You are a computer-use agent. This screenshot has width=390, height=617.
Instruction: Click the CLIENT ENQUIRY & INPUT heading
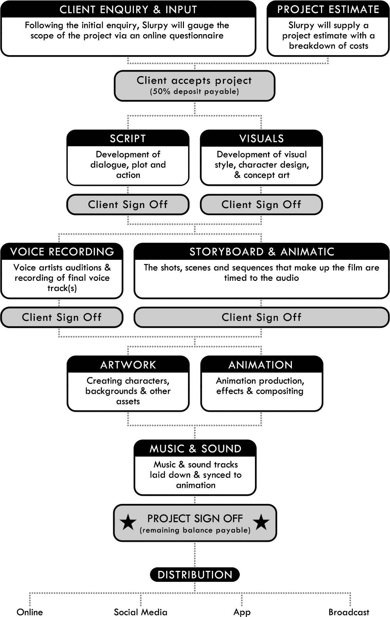coord(128,9)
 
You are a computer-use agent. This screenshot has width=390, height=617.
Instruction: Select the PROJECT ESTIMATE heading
coord(328,9)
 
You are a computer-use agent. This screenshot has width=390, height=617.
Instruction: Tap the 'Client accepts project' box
coord(194,85)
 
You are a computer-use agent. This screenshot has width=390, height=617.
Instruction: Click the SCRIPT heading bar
coord(128,138)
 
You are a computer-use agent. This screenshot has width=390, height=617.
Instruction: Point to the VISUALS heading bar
coord(261,138)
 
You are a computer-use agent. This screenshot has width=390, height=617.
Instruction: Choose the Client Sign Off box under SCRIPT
coord(128,204)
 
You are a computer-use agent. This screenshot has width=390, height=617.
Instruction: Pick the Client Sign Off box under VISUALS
coord(261,204)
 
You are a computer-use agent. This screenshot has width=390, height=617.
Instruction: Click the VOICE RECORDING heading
coord(62,252)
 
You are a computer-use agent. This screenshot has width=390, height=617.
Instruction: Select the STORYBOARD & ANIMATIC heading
coord(262,252)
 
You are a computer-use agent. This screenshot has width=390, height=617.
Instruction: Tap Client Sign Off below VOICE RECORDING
coord(62,317)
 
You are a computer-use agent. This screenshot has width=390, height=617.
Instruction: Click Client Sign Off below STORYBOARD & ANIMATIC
coord(262,317)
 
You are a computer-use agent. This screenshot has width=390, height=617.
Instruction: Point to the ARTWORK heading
coord(128,365)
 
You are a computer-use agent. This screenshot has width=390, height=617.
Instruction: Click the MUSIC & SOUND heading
coord(195,449)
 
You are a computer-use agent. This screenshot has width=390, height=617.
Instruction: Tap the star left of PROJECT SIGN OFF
coord(128,522)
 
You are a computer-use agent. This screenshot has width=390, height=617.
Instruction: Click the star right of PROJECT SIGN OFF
coord(261,522)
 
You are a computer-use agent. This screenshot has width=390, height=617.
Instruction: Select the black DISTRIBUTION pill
coord(195,575)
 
